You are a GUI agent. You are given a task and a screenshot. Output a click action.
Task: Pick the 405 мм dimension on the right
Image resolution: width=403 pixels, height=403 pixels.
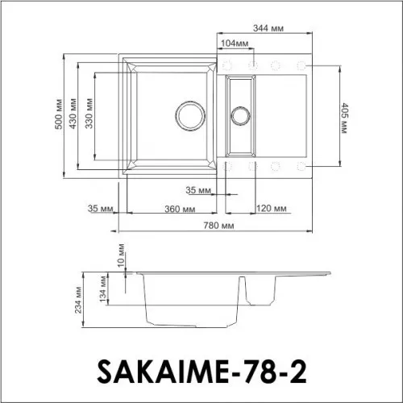(344, 117)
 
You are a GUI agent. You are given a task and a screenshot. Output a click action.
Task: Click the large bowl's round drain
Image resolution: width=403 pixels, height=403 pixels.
(191, 114)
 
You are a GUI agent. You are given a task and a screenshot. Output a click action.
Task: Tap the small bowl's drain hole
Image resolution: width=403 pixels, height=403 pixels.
(240, 115)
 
